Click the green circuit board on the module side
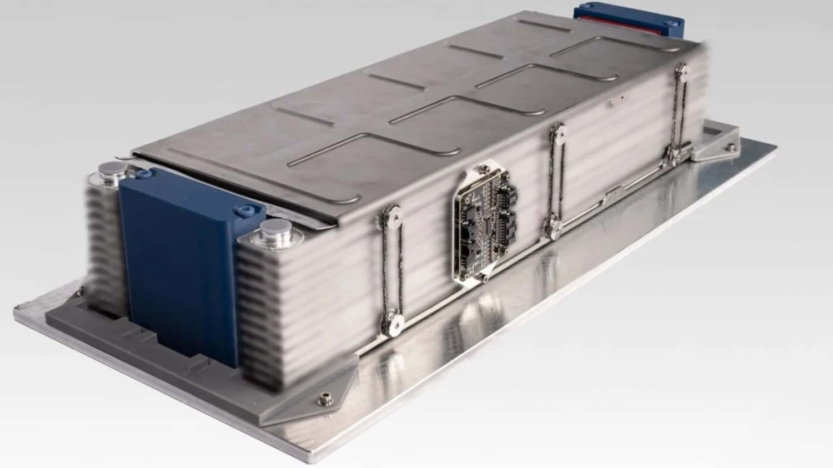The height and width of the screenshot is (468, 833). (x=486, y=222)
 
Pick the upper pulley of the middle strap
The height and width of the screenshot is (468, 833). (x=558, y=133)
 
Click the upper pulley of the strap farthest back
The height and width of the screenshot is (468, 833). (x=681, y=69)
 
